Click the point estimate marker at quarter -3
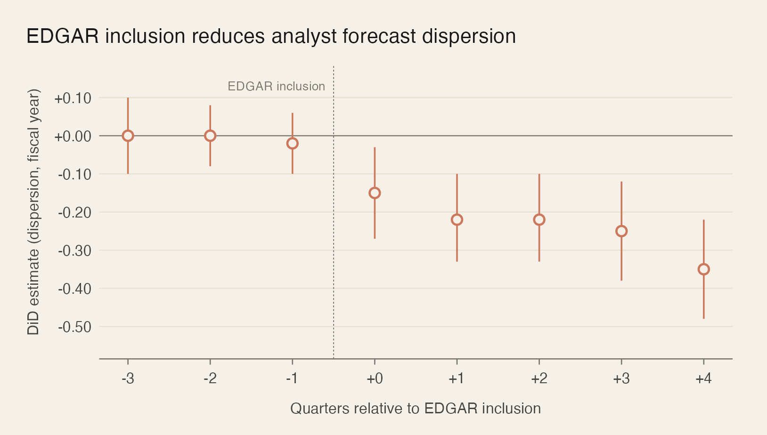128,136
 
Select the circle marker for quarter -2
210,136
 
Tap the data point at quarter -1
293,143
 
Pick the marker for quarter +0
375,193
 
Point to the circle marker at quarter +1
457,219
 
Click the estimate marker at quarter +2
539,219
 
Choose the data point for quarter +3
621,231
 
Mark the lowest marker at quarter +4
703,269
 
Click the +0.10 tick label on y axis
73,98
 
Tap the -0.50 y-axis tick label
74,327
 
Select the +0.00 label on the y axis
73,137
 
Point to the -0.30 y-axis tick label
74,250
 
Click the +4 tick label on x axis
703,379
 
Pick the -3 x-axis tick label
128,379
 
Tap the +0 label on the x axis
375,379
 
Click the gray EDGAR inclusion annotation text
276,86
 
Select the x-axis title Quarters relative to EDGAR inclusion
415,408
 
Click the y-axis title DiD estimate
33,212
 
